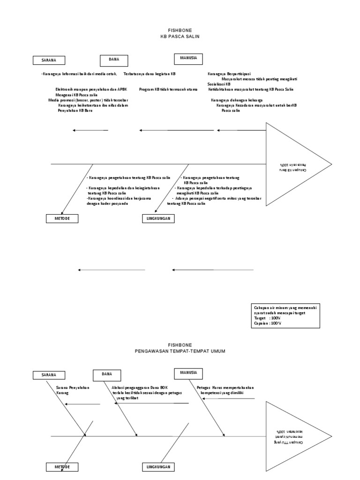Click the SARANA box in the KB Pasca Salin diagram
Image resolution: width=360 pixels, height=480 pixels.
(49, 60)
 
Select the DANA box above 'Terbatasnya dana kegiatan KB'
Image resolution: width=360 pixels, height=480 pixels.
(114, 60)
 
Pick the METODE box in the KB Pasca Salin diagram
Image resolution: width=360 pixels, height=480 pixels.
(62, 218)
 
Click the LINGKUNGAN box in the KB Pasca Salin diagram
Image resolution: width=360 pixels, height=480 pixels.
(158, 218)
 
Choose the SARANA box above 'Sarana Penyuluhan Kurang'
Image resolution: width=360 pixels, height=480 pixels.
(49, 375)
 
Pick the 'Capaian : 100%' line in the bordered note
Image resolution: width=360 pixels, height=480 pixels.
(267, 323)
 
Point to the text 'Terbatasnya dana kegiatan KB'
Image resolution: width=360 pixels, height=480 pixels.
(150, 74)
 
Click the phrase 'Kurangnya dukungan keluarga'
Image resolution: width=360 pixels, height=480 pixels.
(237, 100)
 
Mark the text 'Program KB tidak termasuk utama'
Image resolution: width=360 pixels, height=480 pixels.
(168, 89)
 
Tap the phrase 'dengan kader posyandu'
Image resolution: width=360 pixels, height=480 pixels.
(108, 204)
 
